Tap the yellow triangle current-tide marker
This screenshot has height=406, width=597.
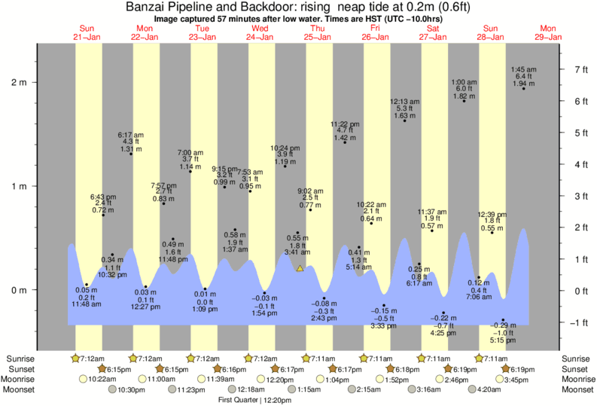click(x=300, y=267)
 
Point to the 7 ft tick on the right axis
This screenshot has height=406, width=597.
click(x=579, y=69)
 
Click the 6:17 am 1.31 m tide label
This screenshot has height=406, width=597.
click(x=131, y=142)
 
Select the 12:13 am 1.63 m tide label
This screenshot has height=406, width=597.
click(x=405, y=109)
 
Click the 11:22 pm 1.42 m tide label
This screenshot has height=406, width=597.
click(x=346, y=131)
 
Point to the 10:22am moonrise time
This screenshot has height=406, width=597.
click(x=102, y=380)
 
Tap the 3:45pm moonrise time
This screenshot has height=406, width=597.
click(x=515, y=380)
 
